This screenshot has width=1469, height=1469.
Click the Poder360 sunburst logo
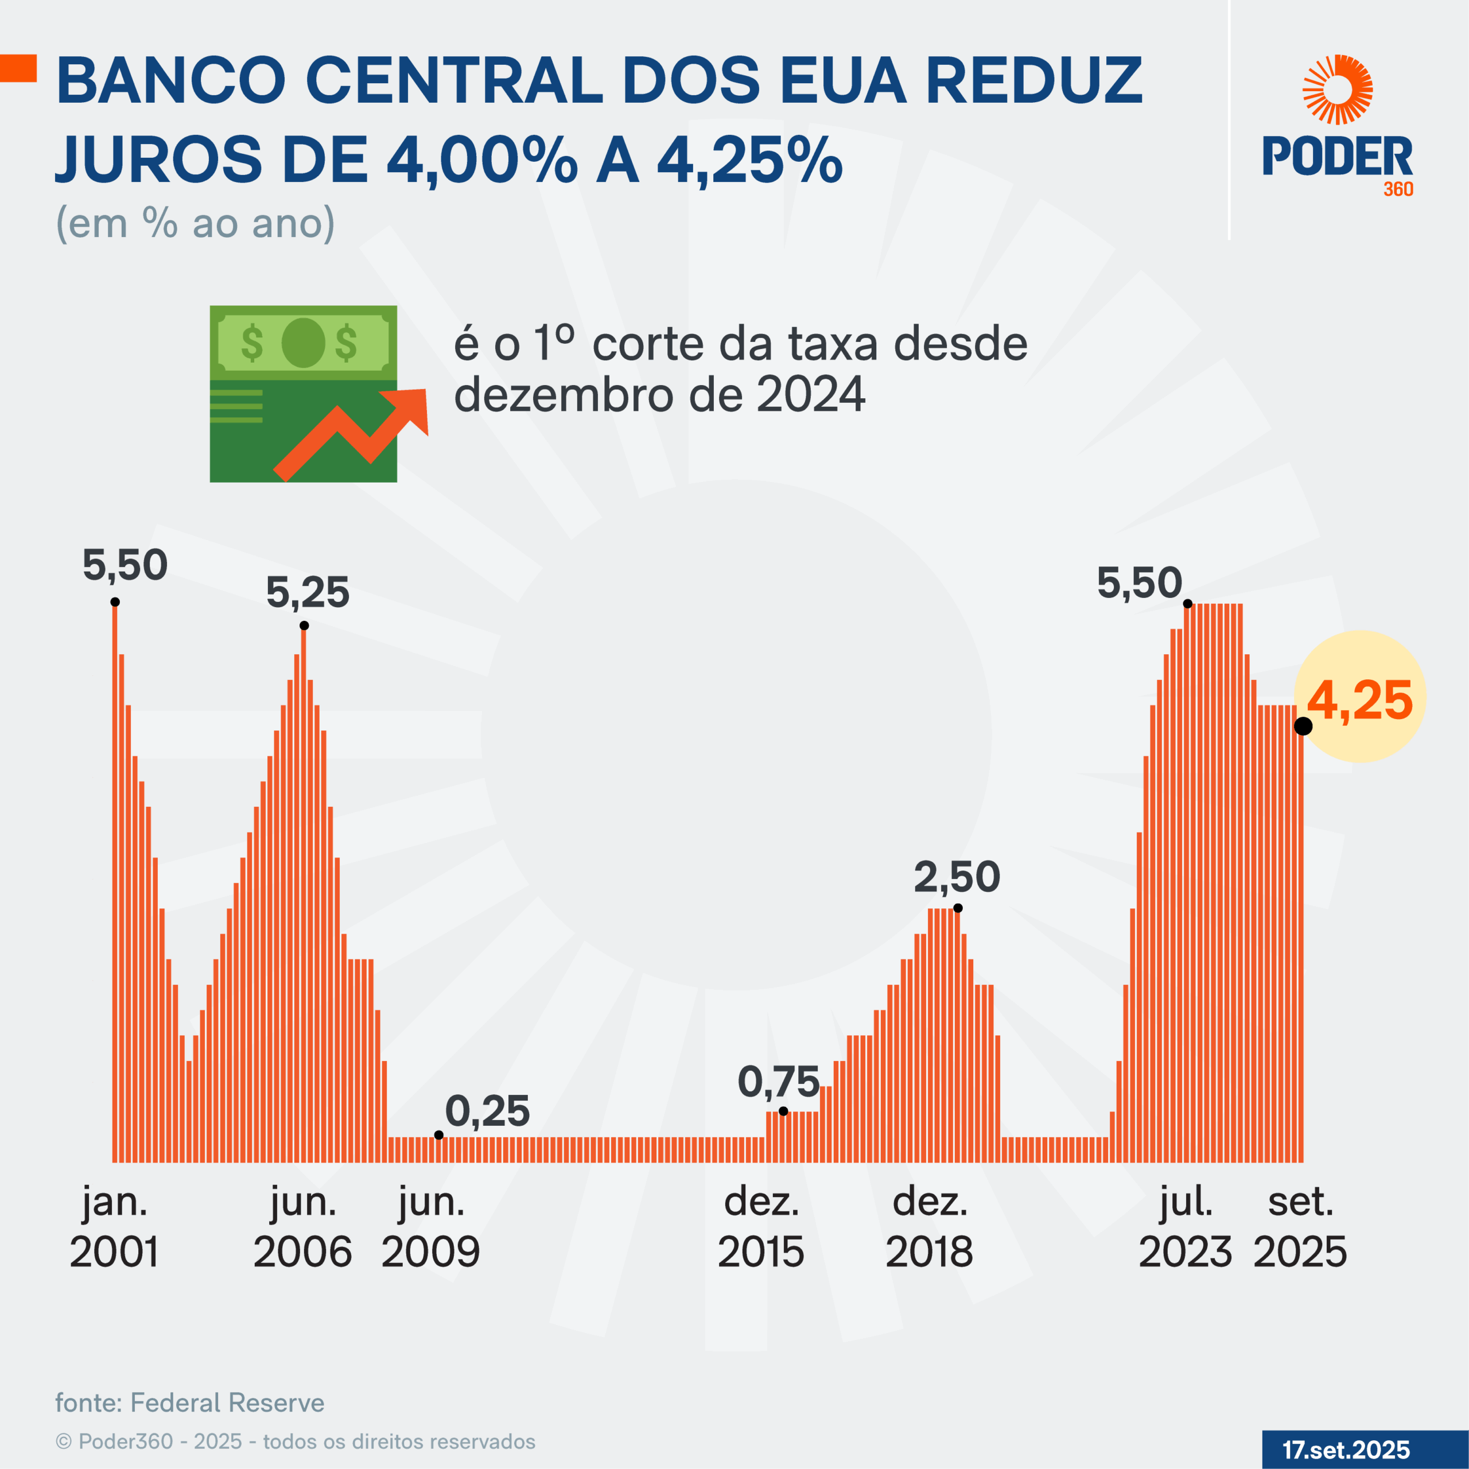(1338, 90)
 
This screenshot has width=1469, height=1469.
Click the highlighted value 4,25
(1361, 700)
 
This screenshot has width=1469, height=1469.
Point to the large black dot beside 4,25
(1303, 726)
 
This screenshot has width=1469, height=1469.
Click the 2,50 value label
(957, 877)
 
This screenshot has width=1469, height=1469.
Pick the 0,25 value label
(487, 1111)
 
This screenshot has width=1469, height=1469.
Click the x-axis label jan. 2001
(115, 1227)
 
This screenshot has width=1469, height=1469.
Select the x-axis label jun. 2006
(302, 1227)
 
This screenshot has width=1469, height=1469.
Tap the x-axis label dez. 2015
(761, 1227)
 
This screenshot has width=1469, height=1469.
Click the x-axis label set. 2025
(1300, 1227)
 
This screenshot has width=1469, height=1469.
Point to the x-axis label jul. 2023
(1186, 1227)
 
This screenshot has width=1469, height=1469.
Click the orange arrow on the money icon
(357, 433)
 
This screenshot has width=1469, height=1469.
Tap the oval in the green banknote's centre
(304, 343)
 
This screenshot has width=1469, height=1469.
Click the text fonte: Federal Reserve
(190, 1403)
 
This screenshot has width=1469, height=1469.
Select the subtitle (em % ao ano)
(196, 224)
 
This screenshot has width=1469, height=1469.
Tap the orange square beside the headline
(18, 68)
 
